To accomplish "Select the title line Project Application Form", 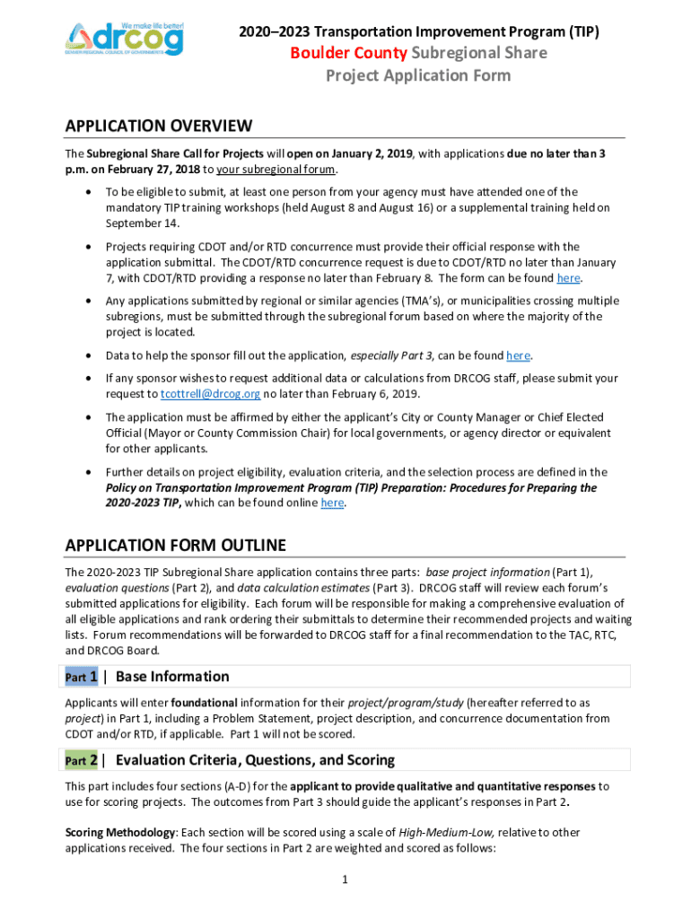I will pos(417,75).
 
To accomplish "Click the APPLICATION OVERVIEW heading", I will pos(159,126).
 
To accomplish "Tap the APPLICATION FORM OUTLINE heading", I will pos(176,545).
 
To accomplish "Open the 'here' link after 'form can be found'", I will pos(568,278).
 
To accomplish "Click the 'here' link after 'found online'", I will pos(332,503).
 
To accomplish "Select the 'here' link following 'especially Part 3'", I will pos(518,355).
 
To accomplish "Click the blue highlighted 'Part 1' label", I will pos(82,677).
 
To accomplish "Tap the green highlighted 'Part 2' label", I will pos(82,760).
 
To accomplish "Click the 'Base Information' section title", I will pos(172,677).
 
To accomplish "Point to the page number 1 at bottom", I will pos(345,879).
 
